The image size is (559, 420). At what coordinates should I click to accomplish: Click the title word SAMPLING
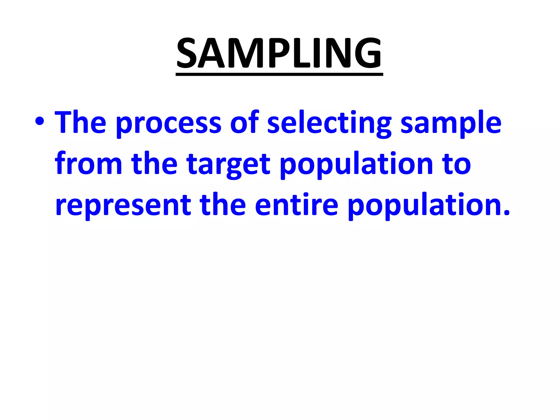[279, 53]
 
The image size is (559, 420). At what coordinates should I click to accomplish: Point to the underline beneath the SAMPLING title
[279, 74]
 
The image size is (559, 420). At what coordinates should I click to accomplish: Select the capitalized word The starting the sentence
[80, 122]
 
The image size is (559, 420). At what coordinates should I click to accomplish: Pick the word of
[244, 122]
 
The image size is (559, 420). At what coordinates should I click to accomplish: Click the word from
[88, 163]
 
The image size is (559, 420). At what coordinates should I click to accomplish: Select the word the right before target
[154, 163]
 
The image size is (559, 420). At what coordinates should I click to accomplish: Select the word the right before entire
[223, 204]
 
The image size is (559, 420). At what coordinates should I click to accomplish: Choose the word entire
[296, 204]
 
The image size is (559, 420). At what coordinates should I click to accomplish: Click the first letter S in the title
[187, 53]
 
